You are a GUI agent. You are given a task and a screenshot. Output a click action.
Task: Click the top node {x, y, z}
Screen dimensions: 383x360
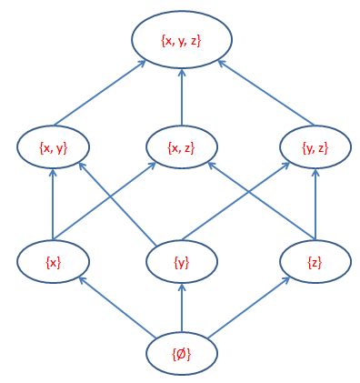[x=182, y=41]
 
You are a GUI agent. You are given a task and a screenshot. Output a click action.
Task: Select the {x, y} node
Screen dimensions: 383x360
[x=53, y=146]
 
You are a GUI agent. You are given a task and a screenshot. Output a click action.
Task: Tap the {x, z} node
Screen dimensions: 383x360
[x=182, y=146]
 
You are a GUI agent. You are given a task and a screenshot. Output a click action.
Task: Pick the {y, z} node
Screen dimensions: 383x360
[x=315, y=146]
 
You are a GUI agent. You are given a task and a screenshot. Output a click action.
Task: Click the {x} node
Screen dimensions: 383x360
[x=53, y=262]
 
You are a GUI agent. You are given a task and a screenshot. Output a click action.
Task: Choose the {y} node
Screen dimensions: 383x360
[x=182, y=262]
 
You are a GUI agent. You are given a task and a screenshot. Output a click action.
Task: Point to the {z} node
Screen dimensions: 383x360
[x=315, y=262]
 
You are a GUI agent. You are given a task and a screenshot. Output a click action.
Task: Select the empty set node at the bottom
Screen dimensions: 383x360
[x=182, y=351]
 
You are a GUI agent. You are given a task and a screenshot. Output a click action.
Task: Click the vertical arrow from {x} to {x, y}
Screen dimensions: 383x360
[x=53, y=205]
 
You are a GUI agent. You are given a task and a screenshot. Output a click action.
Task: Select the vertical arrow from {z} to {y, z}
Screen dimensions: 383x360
[x=315, y=205]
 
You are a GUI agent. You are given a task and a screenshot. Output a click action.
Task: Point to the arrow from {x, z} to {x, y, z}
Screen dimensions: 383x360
[x=182, y=96]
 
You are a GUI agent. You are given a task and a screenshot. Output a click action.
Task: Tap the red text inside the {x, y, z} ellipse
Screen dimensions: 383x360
[x=182, y=41]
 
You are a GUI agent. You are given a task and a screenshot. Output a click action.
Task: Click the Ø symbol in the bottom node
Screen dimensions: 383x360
[x=183, y=351]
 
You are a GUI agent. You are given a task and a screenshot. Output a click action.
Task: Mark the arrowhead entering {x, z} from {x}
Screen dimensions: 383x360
[x=154, y=166]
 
